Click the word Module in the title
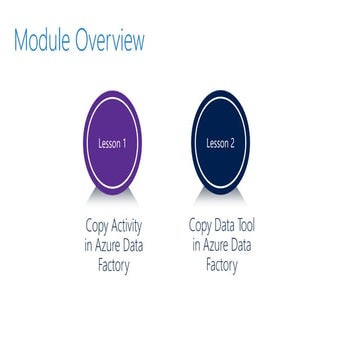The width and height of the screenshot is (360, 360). point(45,41)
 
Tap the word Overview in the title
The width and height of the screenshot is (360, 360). point(113,41)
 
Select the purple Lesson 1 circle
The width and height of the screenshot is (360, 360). point(112,143)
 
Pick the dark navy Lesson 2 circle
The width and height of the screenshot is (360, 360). point(222,143)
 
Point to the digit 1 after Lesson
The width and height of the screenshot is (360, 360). point(124,143)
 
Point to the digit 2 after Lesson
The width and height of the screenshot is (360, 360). point(235,143)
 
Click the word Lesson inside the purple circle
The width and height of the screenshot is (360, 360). point(108,143)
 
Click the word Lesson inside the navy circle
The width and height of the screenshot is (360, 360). point(218,143)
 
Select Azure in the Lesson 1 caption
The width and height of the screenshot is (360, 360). point(109,246)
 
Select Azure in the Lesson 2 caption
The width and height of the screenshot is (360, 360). point(218,246)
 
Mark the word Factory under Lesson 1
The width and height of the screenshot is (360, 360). point(112,265)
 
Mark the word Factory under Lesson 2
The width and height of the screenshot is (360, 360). point(222,265)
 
